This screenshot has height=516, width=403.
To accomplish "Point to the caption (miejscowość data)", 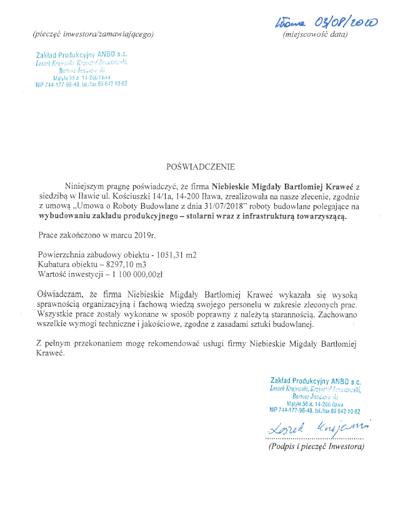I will [315, 34].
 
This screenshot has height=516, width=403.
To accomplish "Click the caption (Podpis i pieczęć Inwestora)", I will [316, 447].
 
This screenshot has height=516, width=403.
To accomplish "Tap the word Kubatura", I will [55, 265].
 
